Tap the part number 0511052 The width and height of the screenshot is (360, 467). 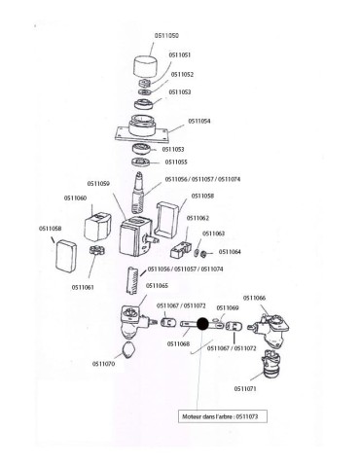point(182,73)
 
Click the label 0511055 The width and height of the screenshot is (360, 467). point(176,162)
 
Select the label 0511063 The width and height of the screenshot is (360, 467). point(213,233)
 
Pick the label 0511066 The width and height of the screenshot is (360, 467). point(254,297)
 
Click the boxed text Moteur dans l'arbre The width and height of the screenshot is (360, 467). point(225,414)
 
